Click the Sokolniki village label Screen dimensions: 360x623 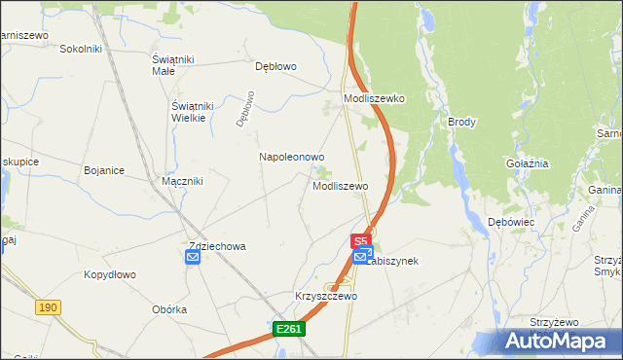[x=82, y=48]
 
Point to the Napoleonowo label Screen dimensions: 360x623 [x=291, y=156]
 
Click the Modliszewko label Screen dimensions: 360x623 [x=374, y=98]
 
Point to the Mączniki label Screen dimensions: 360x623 [x=181, y=180]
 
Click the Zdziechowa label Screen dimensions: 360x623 [x=216, y=246]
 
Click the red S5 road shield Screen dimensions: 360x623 [x=360, y=239]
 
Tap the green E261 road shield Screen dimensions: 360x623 [x=289, y=330]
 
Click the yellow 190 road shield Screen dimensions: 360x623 [x=48, y=307]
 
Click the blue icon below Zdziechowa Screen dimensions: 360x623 [x=193, y=257]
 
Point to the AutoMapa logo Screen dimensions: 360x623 [x=557, y=340]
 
